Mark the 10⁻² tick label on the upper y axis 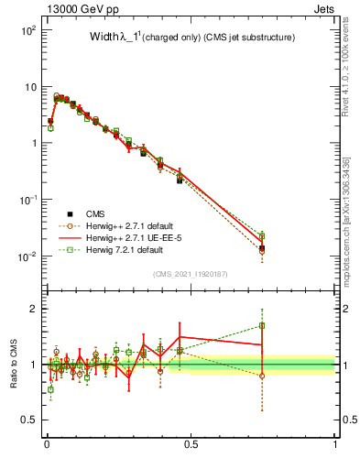tap(29, 256)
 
